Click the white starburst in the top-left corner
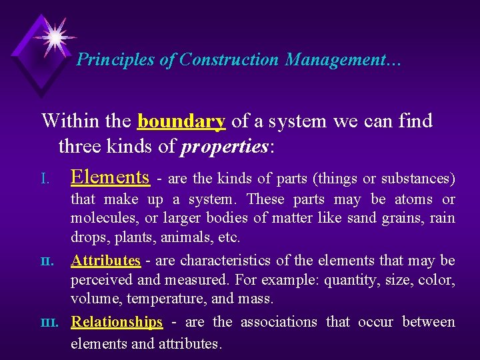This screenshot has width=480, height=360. [54, 35]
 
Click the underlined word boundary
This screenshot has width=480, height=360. [182, 121]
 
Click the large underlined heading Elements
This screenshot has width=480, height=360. [110, 177]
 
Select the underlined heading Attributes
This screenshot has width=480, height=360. [105, 260]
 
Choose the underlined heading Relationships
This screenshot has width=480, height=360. [117, 322]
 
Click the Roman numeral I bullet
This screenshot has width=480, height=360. [45, 179]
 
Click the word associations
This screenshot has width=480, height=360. [279, 322]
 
